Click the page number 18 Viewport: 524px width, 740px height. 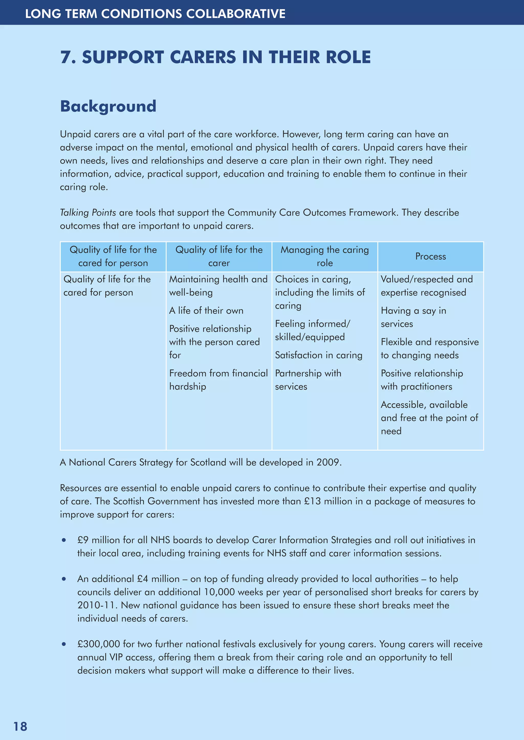coord(20,726)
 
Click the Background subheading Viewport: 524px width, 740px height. coord(108,106)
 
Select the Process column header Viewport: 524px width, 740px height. coord(430,256)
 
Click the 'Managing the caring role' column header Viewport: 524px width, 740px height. coord(325,256)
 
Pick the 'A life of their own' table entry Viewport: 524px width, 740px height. coord(206,310)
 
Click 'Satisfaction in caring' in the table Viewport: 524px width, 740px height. coord(319,355)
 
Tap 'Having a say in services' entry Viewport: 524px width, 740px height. coord(413,317)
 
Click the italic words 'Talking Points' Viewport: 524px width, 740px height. coord(88,212)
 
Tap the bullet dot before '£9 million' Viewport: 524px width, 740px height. coord(64,540)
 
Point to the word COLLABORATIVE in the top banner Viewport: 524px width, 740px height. coord(236,14)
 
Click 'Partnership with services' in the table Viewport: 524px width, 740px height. coord(308,379)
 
